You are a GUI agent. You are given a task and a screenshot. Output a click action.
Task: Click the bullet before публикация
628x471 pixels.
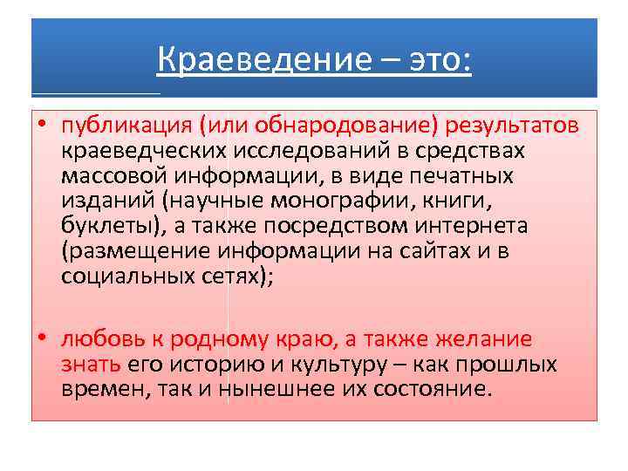point(42,126)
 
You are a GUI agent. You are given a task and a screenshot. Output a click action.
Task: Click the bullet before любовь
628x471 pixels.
point(42,338)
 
